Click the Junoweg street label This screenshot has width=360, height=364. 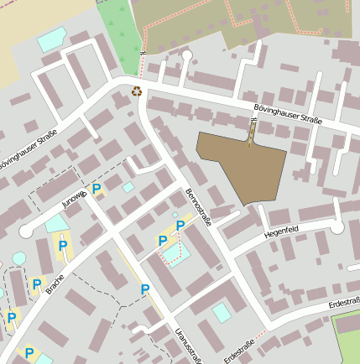click(x=74, y=199)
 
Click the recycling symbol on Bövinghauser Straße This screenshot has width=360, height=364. click(x=136, y=91)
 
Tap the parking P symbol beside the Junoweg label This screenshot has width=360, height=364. click(x=97, y=189)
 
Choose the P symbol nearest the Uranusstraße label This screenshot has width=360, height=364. click(x=145, y=289)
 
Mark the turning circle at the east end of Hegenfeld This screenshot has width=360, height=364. click(x=337, y=227)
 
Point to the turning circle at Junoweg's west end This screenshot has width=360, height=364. click(x=26, y=230)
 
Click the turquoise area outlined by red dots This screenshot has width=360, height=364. click(x=171, y=252)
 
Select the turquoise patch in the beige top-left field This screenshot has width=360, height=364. click(x=51, y=38)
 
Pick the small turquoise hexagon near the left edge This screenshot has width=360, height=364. click(x=18, y=258)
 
